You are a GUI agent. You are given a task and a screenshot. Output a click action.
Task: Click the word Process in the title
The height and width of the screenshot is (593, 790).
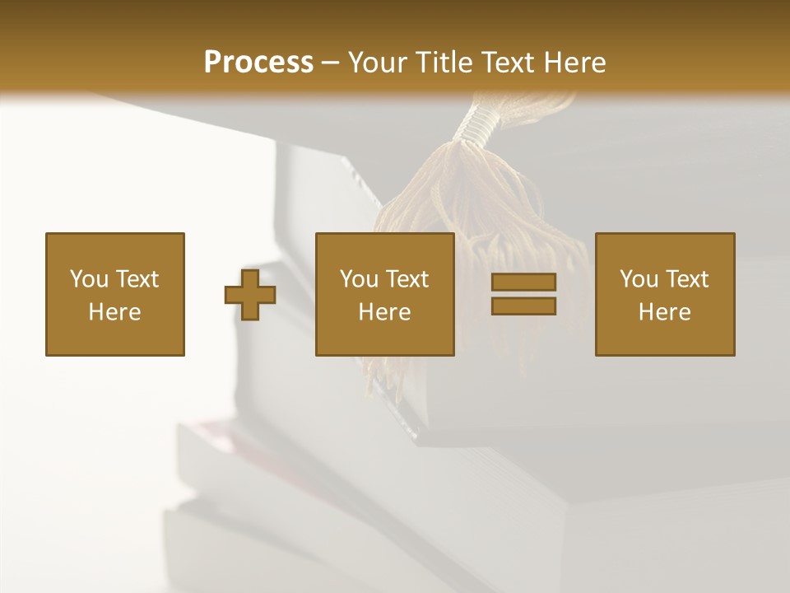pyautogui.click(x=258, y=62)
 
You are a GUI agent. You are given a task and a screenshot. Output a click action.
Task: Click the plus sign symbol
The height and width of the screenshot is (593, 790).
pyautogui.click(x=250, y=294)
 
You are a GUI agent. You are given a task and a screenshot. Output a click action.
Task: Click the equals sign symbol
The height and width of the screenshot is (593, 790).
pyautogui.click(x=523, y=294)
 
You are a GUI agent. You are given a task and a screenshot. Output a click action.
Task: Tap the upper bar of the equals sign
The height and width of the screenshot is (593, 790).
pyautogui.click(x=523, y=282)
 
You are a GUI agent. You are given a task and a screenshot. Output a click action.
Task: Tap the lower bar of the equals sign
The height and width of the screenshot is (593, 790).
pyautogui.click(x=523, y=306)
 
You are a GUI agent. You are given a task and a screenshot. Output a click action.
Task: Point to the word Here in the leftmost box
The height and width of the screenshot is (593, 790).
pyautogui.click(x=114, y=312)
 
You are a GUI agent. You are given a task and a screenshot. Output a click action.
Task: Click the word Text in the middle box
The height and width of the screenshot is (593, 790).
pyautogui.click(x=406, y=279)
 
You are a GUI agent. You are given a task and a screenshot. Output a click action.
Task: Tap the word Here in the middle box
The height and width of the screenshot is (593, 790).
pyautogui.click(x=384, y=312)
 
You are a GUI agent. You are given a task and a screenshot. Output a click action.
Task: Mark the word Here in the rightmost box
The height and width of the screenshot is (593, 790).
pyautogui.click(x=664, y=312)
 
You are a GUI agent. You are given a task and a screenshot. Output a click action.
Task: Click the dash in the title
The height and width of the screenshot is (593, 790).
pyautogui.click(x=330, y=63)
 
